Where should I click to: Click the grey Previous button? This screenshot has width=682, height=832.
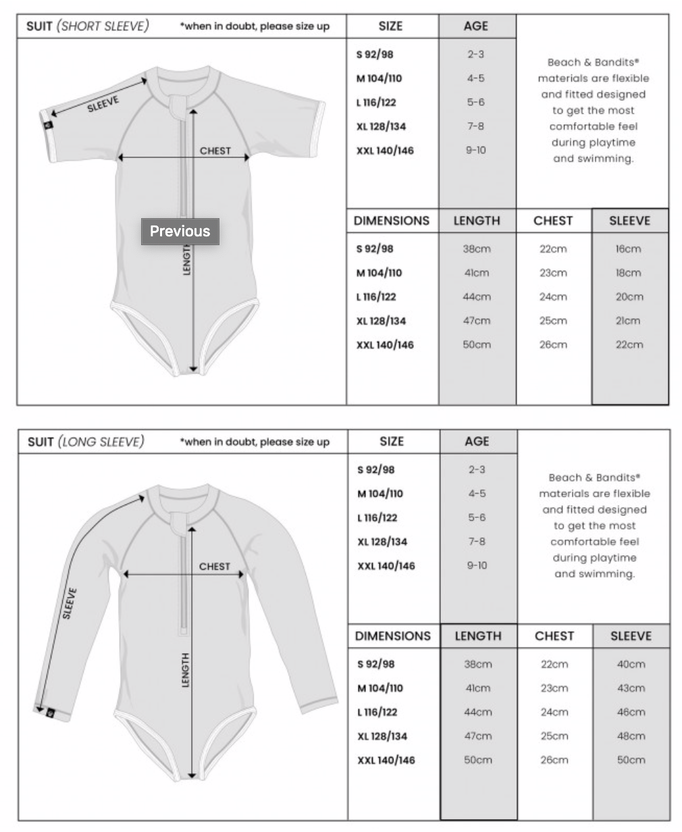coord(180,231)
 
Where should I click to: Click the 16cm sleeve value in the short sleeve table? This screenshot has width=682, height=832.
coord(628,249)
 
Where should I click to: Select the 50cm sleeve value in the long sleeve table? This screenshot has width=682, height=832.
coord(631,760)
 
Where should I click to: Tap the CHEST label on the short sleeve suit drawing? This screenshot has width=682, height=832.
coord(215,151)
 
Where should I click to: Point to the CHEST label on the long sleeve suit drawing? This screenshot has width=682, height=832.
coord(215,566)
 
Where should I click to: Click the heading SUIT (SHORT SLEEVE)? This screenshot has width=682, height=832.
coord(87,26)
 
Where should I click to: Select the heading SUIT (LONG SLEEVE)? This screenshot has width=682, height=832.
coord(86,442)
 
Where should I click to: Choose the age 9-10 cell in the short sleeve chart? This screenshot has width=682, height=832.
coord(475,150)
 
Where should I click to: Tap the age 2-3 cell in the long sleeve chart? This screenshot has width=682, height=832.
coord(477,469)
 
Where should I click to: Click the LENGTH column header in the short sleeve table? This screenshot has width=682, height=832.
coord(477,221)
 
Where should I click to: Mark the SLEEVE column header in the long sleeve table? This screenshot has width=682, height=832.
coord(631,636)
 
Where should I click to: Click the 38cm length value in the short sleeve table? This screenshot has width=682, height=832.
coord(477,249)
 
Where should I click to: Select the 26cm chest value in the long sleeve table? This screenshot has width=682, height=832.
coord(554,760)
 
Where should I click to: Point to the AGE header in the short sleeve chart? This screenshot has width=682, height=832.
coord(475,26)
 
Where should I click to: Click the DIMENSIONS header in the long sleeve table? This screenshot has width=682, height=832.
coord(392,636)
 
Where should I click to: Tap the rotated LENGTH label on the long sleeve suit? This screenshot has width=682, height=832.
coord(186,670)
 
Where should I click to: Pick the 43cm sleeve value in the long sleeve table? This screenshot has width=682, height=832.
coord(631,688)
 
